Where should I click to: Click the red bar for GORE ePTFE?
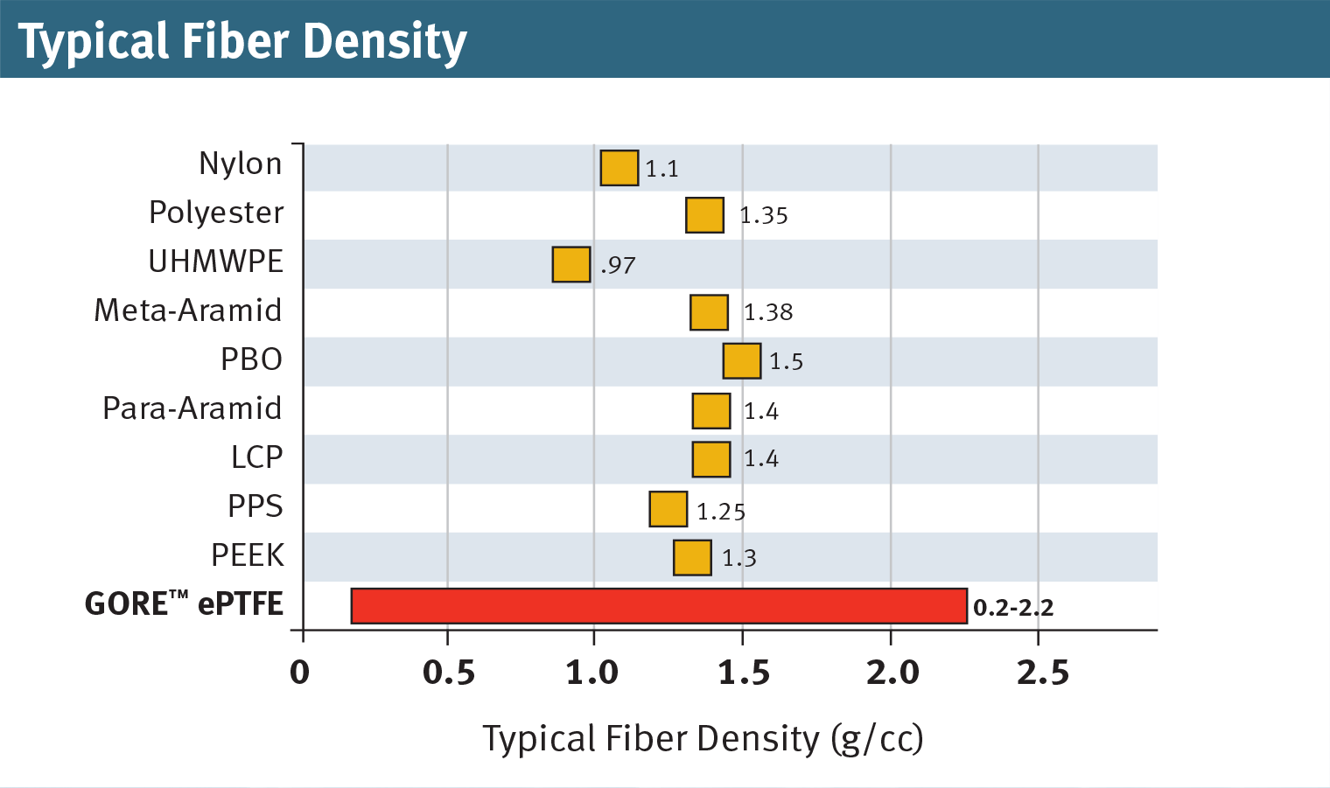pyautogui.click(x=659, y=606)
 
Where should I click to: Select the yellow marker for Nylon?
pyautogui.click(x=619, y=168)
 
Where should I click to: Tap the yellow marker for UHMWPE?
pyautogui.click(x=570, y=264)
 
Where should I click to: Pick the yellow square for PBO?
pyautogui.click(x=741, y=361)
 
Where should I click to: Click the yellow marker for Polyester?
pyautogui.click(x=704, y=215)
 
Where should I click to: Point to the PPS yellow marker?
pyautogui.click(x=668, y=509)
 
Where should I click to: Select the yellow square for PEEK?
pyautogui.click(x=692, y=558)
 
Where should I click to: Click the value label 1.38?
pyautogui.click(x=767, y=312)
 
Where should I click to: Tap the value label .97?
pyautogui.click(x=618, y=265)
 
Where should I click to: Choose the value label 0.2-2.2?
pyautogui.click(x=1013, y=608)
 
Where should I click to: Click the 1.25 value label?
pyautogui.click(x=720, y=512)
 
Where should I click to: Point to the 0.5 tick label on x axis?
pyautogui.click(x=449, y=673)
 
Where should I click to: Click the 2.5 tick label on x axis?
pyautogui.click(x=1042, y=673)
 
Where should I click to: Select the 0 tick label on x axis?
pyautogui.click(x=300, y=673)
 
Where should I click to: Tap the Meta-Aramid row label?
pyautogui.click(x=188, y=310)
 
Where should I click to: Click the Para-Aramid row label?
pyautogui.click(x=192, y=408)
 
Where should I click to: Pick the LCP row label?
pyautogui.click(x=256, y=457)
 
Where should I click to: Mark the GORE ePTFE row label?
pyautogui.click(x=184, y=603)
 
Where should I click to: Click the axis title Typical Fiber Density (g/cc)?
pyautogui.click(x=703, y=739)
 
